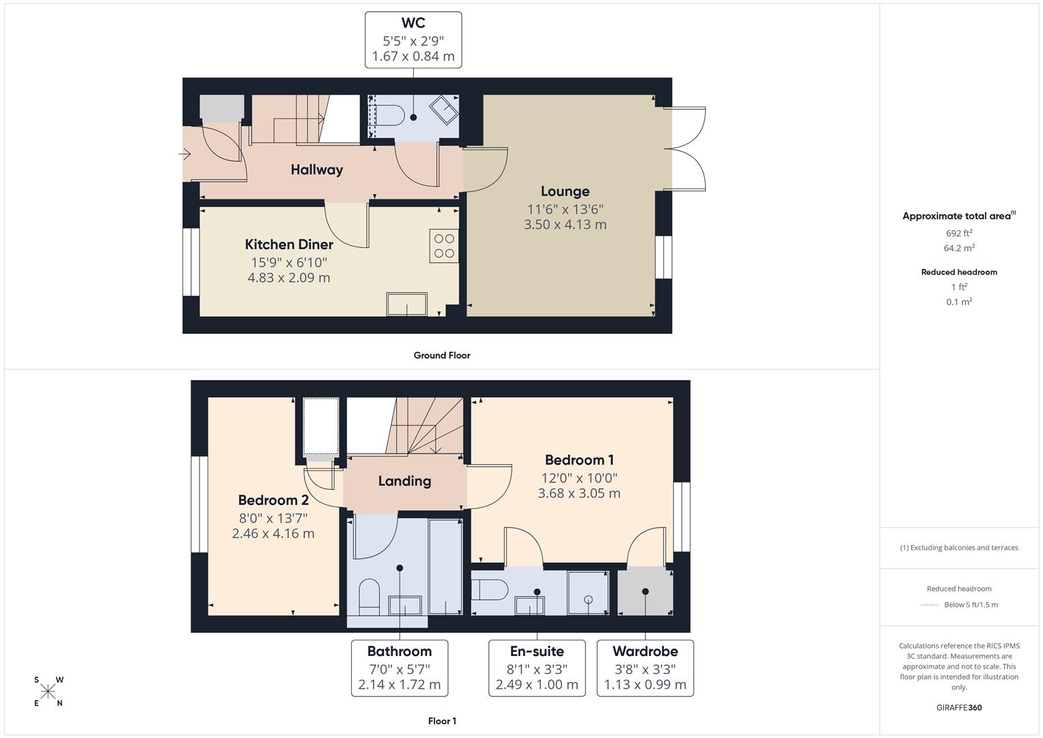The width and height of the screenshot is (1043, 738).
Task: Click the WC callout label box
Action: coord(413,40)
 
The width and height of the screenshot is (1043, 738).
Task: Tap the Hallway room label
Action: coord(316,169)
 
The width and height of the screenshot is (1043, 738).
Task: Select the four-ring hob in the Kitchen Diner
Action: coord(444,246)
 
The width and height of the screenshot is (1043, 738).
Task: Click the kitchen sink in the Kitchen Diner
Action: coord(406,304)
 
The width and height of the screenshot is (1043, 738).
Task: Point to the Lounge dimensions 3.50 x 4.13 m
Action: coord(565,224)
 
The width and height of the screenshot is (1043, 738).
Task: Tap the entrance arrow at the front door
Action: coord(184,154)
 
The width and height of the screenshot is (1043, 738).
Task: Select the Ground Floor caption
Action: coord(441,355)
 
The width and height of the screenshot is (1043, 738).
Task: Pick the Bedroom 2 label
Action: coord(273,500)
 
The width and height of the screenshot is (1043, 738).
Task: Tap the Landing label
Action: coord(404,481)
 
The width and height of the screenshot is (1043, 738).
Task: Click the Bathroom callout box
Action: coord(399,668)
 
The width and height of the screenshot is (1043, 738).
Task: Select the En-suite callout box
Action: coord(536,668)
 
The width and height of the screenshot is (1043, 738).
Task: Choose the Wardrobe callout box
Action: coord(645,668)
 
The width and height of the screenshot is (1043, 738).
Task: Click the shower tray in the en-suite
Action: coord(587,592)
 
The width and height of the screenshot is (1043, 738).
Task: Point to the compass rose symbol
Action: coord(48,692)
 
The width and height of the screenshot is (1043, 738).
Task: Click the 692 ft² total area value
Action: coord(959,233)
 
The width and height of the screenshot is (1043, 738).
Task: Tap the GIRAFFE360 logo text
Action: coord(959,707)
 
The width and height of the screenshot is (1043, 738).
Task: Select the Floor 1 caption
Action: coord(441,721)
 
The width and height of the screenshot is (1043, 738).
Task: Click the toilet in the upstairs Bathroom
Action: coord(369,594)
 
